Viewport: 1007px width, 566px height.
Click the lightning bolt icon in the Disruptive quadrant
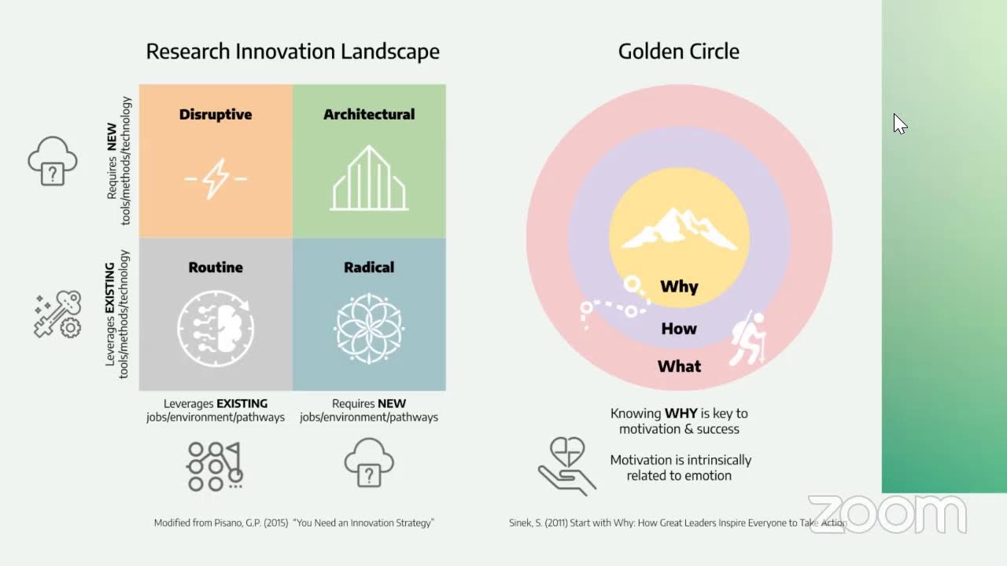point(215,178)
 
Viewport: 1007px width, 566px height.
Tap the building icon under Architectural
point(369,178)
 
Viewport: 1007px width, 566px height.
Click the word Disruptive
point(216,114)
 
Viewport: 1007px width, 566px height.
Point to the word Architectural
point(369,114)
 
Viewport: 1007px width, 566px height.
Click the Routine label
point(216,267)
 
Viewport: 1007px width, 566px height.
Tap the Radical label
point(369,267)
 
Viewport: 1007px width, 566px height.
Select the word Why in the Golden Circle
point(679,286)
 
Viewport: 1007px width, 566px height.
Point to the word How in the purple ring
point(679,329)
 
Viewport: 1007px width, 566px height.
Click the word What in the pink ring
point(679,366)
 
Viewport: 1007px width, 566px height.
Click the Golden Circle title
point(678,52)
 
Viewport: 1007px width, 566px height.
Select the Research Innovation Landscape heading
point(293,52)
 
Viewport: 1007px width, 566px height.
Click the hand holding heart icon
point(566,465)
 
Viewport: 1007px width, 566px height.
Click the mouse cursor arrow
point(899,123)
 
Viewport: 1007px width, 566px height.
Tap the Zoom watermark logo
point(887,514)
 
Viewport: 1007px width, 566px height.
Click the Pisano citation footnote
point(294,523)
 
